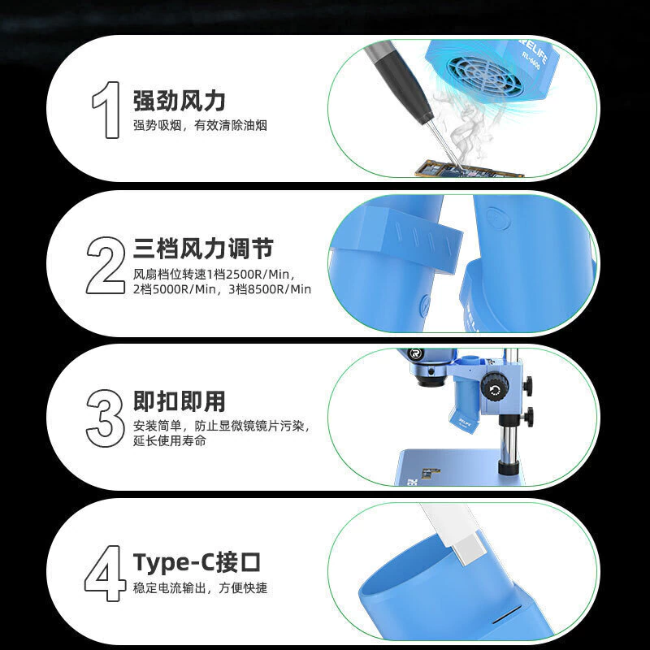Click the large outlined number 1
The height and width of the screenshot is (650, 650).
pos(108,110)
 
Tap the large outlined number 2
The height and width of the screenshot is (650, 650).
pos(106,266)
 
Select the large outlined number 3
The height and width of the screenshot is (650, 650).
pos(105,418)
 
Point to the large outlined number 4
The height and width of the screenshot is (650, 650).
pos(105,574)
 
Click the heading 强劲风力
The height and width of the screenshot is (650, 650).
pos(179,101)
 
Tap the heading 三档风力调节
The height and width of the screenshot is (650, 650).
pos(203,249)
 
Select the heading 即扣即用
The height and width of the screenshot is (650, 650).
pos(179,401)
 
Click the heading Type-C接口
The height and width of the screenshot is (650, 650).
pos(197,562)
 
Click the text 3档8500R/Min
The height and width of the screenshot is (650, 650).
pos(270,289)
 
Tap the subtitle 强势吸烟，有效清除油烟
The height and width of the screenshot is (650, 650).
pos(200,125)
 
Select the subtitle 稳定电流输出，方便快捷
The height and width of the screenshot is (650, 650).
pos(200,587)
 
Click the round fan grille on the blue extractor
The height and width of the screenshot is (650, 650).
pos(481,76)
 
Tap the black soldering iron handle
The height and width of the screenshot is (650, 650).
pos(399,80)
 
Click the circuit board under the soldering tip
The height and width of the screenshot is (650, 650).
pos(469,170)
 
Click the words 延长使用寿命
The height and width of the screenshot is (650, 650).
pos(170,440)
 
